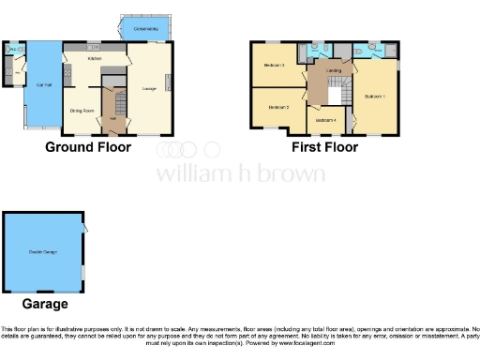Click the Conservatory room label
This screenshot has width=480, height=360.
point(145,30)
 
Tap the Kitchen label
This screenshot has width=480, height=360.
point(95,58)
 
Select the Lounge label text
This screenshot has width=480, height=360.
point(148,89)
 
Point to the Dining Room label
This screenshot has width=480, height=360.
point(82,110)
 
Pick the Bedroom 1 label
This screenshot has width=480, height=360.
point(375,97)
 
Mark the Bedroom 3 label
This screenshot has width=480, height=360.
point(274,65)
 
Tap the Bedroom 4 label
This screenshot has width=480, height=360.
point(325,119)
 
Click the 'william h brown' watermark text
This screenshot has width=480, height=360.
point(240,173)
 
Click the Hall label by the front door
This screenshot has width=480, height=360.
point(112,118)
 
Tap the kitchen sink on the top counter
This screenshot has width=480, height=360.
point(93,47)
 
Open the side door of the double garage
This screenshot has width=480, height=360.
point(84,227)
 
